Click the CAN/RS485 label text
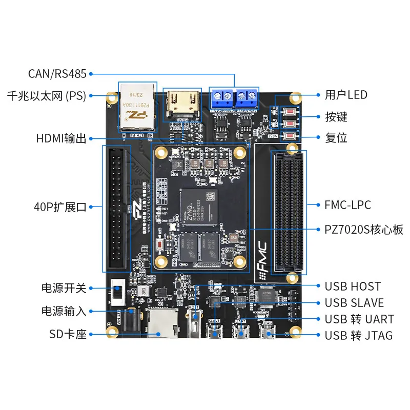tap(57, 74)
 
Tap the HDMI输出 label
tap(61, 138)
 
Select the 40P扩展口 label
tap(60, 207)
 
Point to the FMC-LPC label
tap(347, 205)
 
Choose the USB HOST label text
tap(353, 286)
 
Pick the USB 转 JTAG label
tap(359, 336)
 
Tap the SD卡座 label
tap(68, 334)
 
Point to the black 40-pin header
tap(117, 209)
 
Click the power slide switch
tap(117, 292)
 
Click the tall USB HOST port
tap(194, 322)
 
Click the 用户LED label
tap(346, 95)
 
